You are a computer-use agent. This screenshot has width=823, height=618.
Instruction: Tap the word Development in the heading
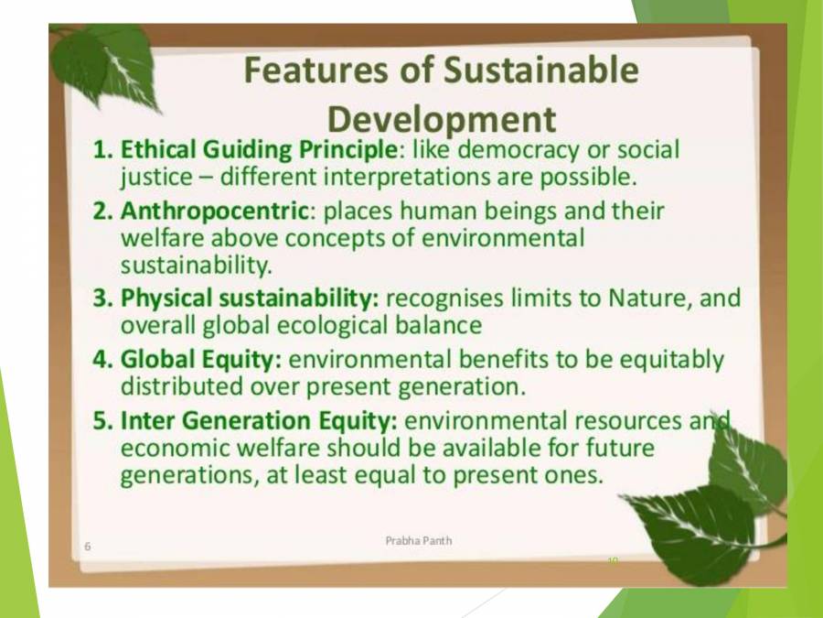click(x=441, y=119)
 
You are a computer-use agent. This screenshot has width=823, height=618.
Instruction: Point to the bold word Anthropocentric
click(x=214, y=210)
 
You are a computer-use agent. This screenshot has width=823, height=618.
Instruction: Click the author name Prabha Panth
click(x=418, y=540)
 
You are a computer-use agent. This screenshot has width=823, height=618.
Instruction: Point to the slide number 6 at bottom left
click(x=87, y=547)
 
